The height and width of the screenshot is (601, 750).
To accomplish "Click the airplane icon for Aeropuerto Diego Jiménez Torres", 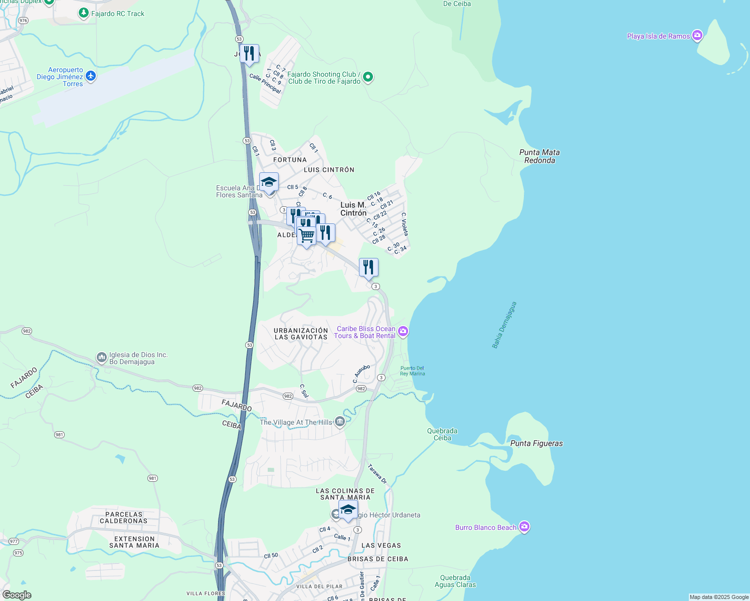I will (90, 76).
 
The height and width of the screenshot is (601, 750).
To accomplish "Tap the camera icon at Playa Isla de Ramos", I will (697, 36).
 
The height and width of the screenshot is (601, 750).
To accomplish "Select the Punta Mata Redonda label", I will (539, 156).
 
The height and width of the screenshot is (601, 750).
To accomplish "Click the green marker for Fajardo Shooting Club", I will (368, 77).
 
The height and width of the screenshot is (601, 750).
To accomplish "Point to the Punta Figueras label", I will (536, 443).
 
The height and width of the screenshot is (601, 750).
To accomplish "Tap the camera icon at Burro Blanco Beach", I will (524, 527).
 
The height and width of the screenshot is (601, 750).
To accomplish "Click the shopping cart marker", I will (306, 235).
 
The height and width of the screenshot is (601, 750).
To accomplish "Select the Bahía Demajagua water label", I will (504, 325).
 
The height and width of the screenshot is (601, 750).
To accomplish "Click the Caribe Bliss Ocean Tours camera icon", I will (403, 332).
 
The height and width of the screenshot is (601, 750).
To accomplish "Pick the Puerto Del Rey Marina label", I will (412, 371).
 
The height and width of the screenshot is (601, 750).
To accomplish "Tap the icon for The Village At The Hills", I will (340, 422).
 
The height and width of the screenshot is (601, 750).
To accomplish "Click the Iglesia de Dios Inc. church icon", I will (102, 358).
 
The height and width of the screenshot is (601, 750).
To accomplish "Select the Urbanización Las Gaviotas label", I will (301, 334).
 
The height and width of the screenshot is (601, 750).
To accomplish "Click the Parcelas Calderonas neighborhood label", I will (124, 517).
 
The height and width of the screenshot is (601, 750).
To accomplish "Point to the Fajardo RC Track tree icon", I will (84, 14).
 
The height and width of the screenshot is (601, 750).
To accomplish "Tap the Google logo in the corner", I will (17, 595).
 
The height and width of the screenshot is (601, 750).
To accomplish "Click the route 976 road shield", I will (23, 21).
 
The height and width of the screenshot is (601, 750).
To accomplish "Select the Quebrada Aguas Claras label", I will (455, 581).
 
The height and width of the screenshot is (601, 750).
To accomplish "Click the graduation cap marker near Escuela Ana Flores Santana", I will (269, 182).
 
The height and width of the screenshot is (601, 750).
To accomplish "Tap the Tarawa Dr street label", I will (378, 474).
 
